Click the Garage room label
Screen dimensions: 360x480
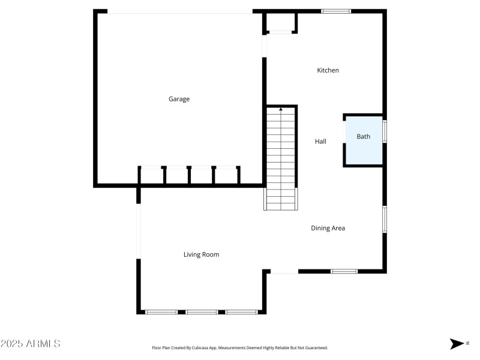click(x=179, y=99)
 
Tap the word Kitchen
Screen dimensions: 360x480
click(x=328, y=70)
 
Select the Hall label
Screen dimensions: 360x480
click(x=320, y=142)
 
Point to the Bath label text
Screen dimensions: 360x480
click(x=364, y=137)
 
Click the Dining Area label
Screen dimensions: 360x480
click(x=328, y=228)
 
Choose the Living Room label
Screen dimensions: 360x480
click(x=201, y=254)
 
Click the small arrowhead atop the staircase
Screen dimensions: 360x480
click(x=281, y=109)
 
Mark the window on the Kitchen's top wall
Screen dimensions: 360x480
click(x=336, y=11)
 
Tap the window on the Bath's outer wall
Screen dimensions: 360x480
click(x=385, y=131)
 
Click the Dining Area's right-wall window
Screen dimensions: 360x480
click(x=385, y=219)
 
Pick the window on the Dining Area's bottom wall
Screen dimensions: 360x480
click(x=344, y=271)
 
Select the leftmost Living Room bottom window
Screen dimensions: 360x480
click(x=162, y=312)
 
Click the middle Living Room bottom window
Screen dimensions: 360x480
click(x=202, y=312)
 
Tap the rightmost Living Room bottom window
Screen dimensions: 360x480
click(x=241, y=312)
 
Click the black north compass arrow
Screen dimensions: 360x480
click(x=456, y=344)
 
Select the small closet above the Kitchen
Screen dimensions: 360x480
click(x=280, y=23)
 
